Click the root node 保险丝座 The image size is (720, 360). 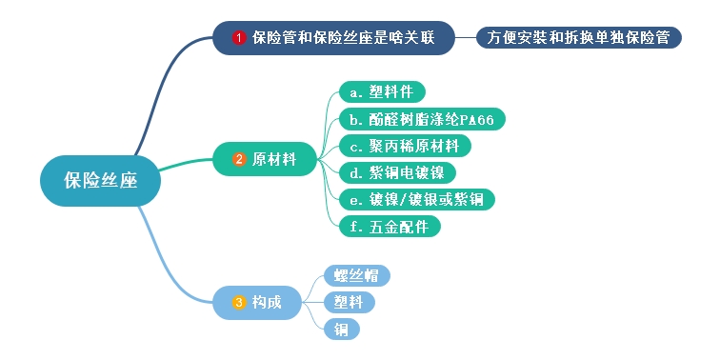100,180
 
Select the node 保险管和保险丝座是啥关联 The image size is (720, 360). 333,38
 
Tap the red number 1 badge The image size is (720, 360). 239,38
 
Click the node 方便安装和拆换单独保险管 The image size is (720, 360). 578,38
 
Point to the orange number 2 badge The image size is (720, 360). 240,159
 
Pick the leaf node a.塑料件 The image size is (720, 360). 382,91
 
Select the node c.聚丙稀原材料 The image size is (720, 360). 405,146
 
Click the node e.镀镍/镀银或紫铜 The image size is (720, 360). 417,199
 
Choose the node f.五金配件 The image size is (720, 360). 390,226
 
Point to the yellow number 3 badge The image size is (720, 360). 239,302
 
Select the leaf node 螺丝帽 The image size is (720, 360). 357,276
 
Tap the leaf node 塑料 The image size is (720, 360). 349,302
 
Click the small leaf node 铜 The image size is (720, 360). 341,329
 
